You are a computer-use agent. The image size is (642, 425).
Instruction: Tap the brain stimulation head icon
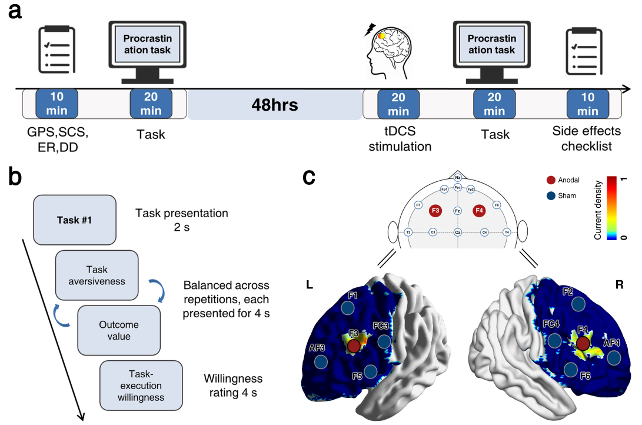(385, 50)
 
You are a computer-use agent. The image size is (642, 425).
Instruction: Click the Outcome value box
(119, 330)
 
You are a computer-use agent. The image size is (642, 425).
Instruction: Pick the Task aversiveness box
(97, 274)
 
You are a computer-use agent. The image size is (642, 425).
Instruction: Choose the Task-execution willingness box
(140, 386)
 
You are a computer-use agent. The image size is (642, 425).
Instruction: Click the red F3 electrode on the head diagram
(436, 210)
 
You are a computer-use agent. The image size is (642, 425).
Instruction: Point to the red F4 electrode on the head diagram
(479, 210)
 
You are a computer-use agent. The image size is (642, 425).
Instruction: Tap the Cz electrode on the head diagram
(458, 233)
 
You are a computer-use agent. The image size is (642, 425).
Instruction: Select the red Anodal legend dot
(551, 180)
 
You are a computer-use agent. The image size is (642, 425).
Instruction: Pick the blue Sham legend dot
(551, 195)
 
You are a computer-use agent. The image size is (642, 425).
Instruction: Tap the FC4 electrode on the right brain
(554, 340)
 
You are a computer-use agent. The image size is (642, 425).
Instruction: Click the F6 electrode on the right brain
(570, 369)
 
